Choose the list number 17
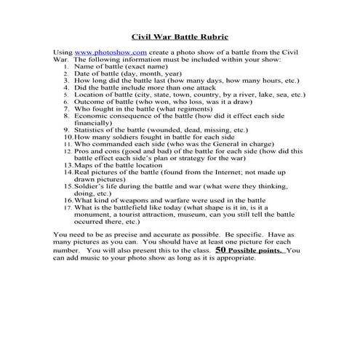(x=66, y=207)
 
